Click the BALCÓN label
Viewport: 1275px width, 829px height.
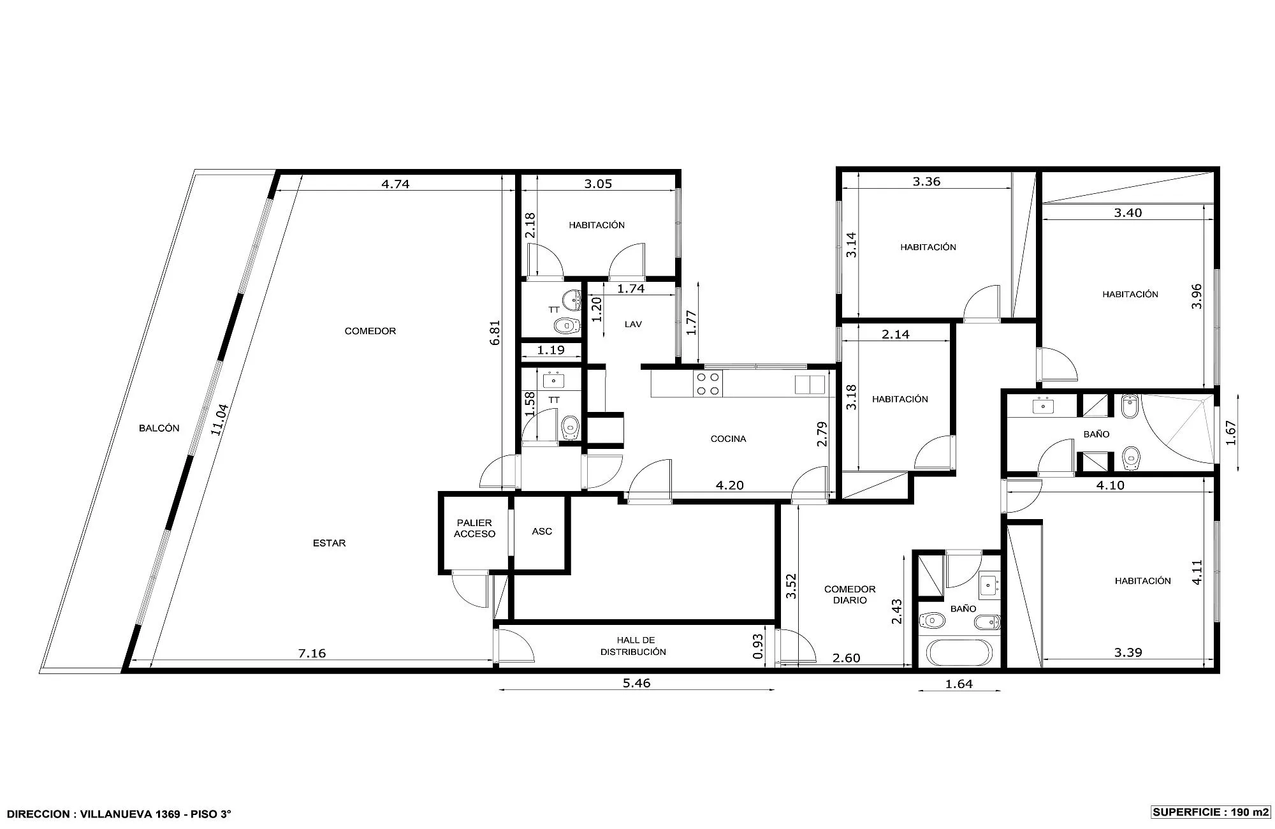(x=159, y=429)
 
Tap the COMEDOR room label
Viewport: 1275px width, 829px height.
(x=370, y=331)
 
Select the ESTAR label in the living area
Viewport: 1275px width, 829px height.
(x=330, y=543)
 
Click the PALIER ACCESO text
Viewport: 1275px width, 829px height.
(x=474, y=529)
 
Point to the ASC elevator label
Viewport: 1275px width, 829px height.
(x=542, y=531)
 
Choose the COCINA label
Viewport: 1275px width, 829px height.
(x=728, y=439)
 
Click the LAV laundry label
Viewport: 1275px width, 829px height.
(x=633, y=325)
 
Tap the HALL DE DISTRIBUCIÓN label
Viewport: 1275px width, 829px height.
(x=633, y=646)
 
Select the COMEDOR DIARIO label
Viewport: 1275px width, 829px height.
(x=850, y=595)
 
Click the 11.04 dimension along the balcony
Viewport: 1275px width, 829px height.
(x=219, y=420)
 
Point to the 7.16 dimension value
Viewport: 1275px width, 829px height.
(x=312, y=653)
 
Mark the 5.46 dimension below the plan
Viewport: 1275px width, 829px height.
(x=636, y=683)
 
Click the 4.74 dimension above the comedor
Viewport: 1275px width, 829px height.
(x=395, y=184)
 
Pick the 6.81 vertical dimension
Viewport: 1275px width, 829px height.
(x=495, y=332)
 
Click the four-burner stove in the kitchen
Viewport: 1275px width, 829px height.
(x=708, y=385)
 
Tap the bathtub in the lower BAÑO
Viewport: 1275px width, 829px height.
(x=959, y=652)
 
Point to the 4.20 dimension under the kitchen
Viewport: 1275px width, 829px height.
(x=730, y=485)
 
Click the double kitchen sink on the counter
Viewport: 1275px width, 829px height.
(x=810, y=385)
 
